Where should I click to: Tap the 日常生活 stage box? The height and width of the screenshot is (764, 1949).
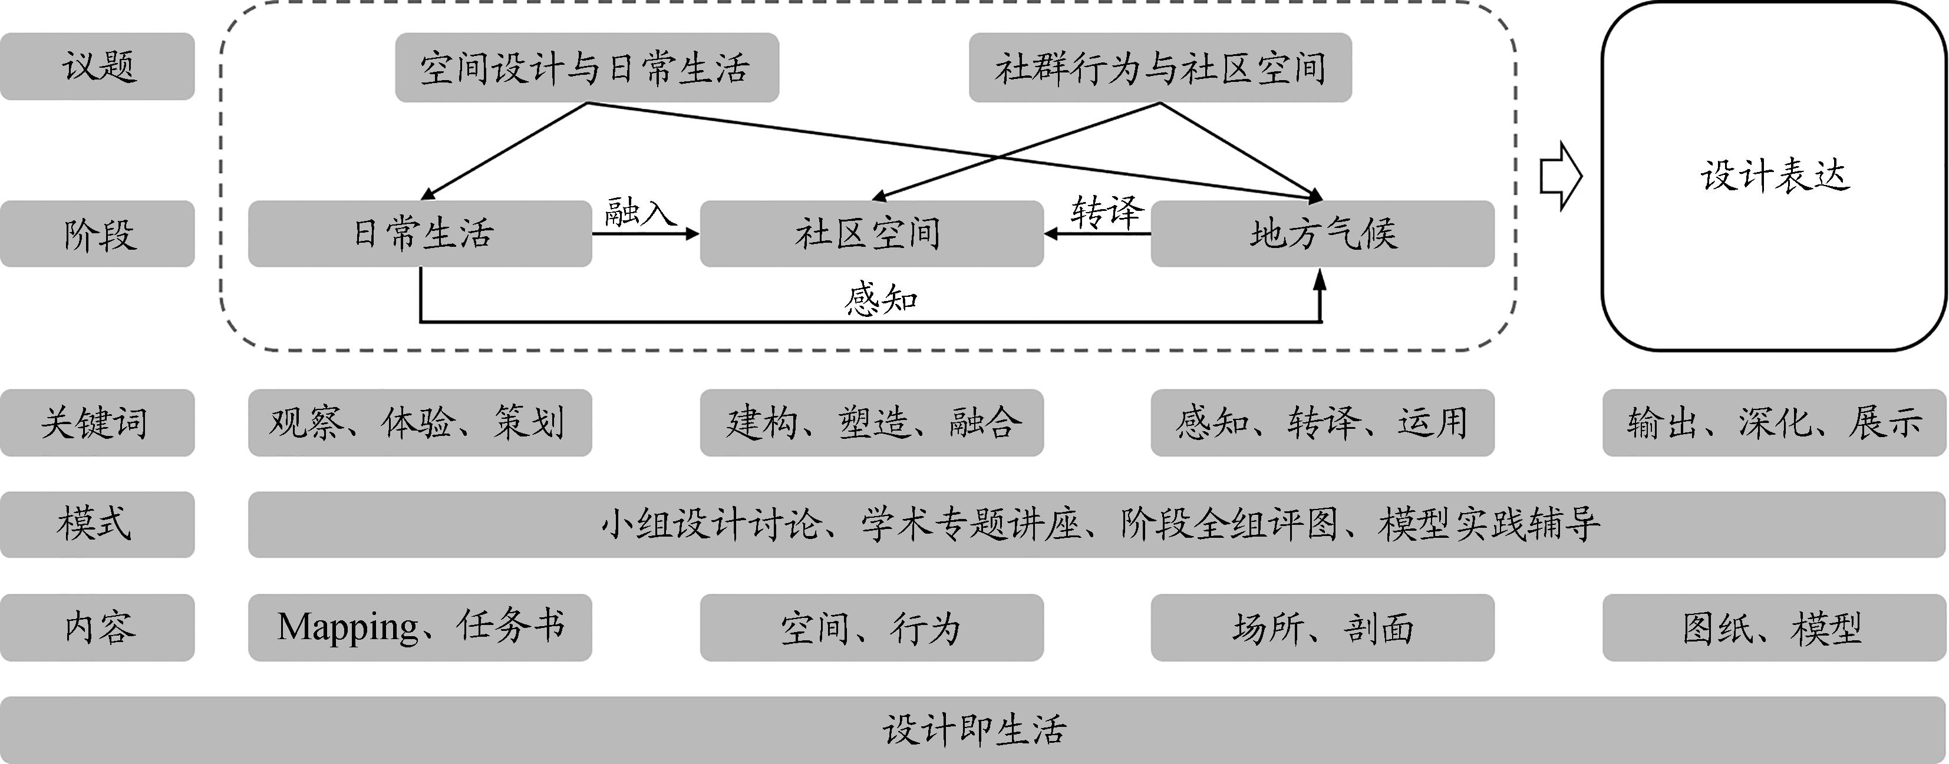420,234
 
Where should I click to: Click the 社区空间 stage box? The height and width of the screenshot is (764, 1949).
871,234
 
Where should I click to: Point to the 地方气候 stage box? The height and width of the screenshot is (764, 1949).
1322,234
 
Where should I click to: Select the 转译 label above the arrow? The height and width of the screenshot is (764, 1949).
1106,212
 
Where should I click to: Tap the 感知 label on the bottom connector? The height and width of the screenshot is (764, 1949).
880,300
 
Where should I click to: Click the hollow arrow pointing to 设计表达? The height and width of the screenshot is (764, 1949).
1561,176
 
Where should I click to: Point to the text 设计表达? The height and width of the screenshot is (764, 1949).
1774,176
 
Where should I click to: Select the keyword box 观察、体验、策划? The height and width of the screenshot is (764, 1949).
420,423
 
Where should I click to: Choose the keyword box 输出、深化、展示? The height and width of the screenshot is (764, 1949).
1774,423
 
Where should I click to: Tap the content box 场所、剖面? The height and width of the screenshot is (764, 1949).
1322,628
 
